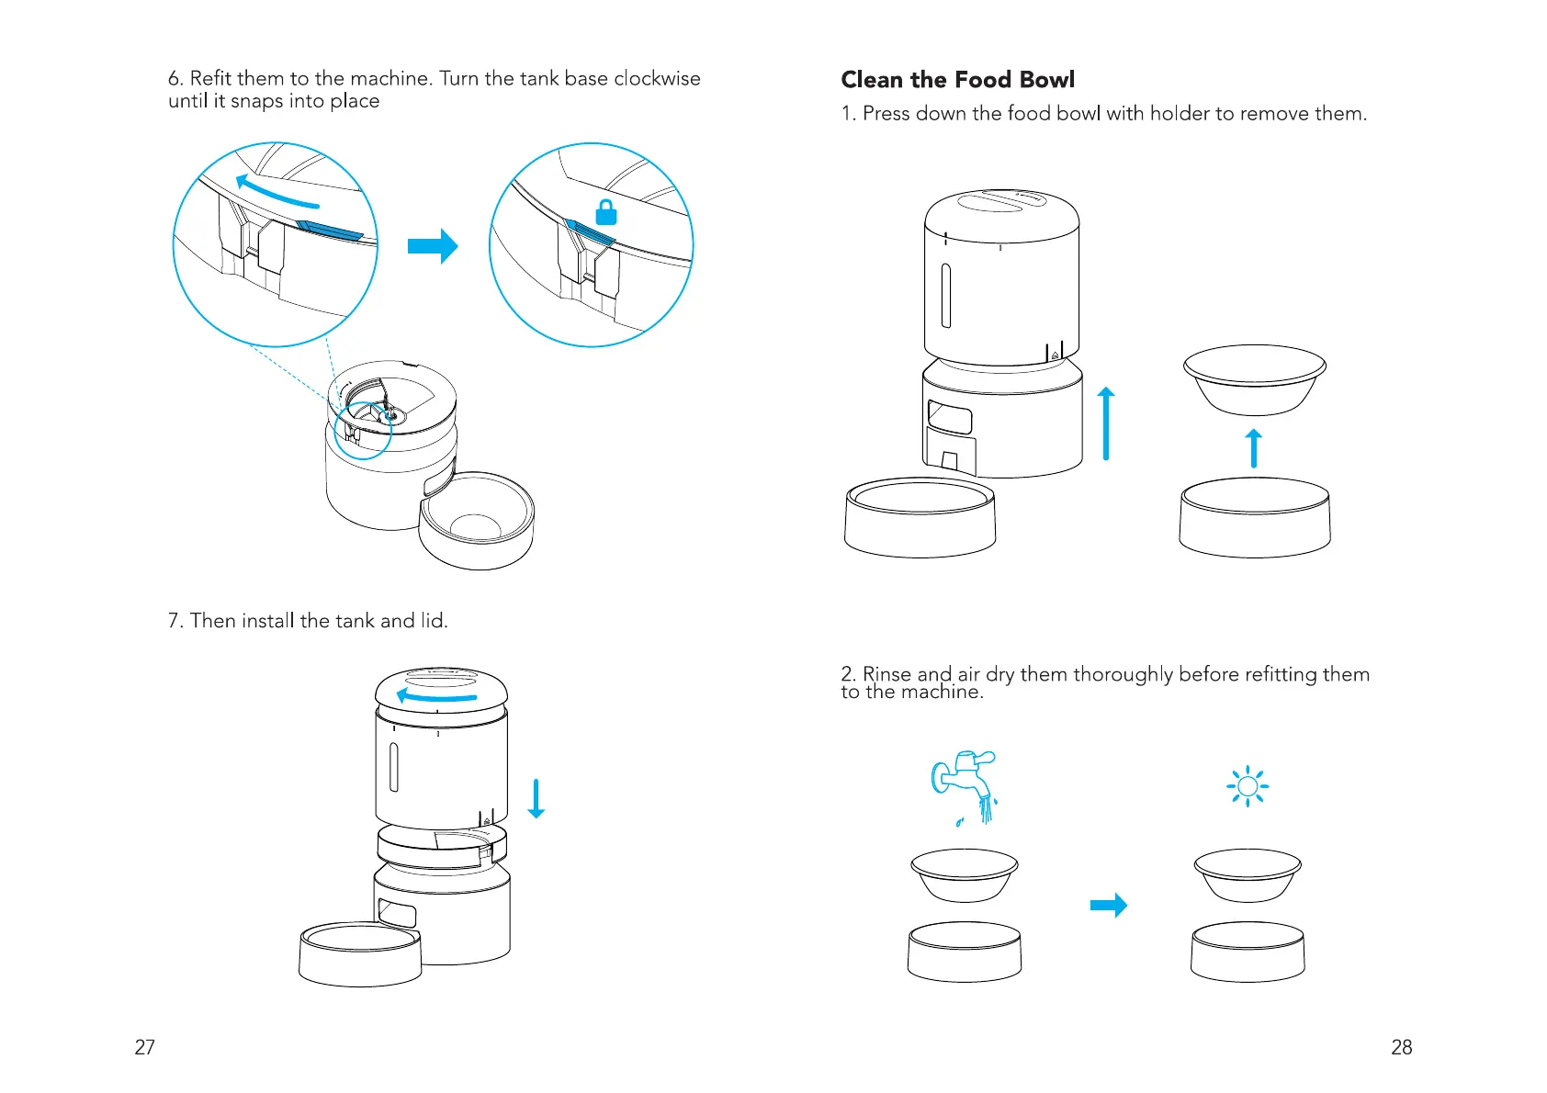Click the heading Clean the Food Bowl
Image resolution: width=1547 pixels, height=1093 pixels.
point(957,80)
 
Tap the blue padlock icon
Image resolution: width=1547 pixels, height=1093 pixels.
point(606,212)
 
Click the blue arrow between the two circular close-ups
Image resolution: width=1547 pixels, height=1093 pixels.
point(433,246)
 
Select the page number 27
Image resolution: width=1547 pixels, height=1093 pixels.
point(145,1047)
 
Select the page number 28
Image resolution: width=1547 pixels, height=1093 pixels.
point(1401,1047)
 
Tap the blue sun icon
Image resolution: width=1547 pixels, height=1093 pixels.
point(1248,786)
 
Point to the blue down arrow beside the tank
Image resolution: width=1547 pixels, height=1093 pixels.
point(536,798)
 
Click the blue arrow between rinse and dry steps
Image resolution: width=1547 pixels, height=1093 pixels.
point(1108,906)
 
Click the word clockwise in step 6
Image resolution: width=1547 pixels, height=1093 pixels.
point(657,79)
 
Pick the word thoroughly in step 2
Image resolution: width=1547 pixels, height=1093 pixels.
point(1124,675)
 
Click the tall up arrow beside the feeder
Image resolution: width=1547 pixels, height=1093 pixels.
point(1106,423)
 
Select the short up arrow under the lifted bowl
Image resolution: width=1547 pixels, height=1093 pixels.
point(1254,448)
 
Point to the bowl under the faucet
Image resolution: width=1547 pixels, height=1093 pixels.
point(965,874)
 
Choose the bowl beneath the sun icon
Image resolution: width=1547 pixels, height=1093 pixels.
point(1248,874)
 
